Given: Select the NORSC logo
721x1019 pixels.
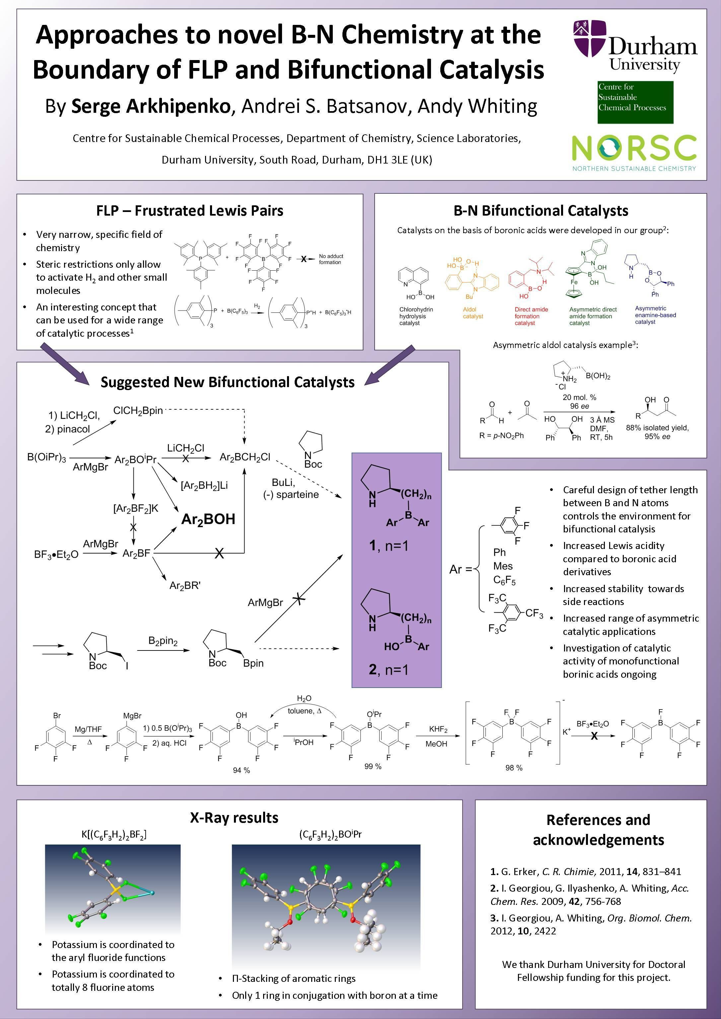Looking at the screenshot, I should tap(634, 151).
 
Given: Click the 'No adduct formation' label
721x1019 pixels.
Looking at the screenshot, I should tap(331, 259).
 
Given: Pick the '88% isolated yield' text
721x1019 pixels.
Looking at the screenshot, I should tap(657, 428).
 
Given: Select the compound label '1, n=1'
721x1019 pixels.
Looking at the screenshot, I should tap(389, 545).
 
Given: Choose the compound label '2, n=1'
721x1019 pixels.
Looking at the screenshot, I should tap(389, 669).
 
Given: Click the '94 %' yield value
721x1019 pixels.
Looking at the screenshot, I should tap(241, 771).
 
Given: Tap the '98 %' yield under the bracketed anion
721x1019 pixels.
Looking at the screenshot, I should tap(514, 768).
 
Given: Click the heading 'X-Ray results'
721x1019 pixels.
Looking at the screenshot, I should tap(234, 818).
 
